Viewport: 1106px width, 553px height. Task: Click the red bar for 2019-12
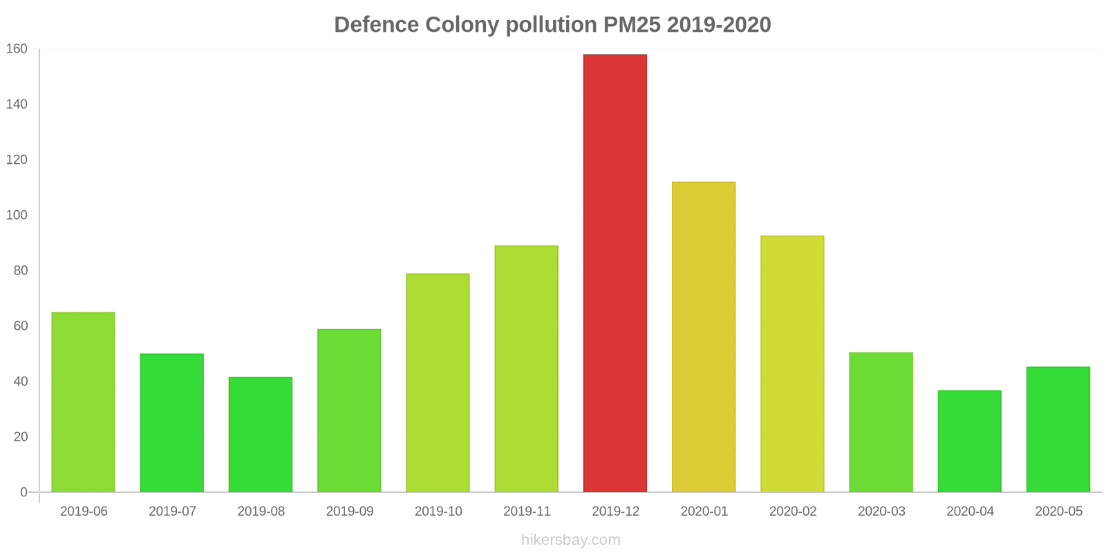[x=615, y=273]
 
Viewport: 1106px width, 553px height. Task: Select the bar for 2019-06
[x=83, y=402]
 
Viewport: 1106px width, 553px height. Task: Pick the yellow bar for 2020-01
[x=703, y=337]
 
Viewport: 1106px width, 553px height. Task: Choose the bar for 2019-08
[x=261, y=435]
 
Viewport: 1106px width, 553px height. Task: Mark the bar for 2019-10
[x=438, y=383]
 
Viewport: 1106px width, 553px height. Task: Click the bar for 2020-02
[x=792, y=364]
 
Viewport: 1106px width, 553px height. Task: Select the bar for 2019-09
[x=349, y=411]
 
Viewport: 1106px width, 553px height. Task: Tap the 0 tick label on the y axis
[x=24, y=492]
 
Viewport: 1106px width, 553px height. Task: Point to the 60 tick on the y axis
[x=20, y=326]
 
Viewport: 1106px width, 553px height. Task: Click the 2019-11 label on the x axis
[x=527, y=512]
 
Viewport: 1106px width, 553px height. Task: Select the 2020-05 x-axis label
[x=1058, y=512]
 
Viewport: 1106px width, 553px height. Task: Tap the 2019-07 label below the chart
[x=172, y=512]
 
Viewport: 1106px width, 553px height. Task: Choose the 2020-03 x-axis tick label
[x=881, y=512]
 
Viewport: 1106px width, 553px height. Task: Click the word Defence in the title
[x=377, y=25]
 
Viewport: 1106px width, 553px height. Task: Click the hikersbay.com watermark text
[x=570, y=540]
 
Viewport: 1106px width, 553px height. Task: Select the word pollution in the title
[x=551, y=25]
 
